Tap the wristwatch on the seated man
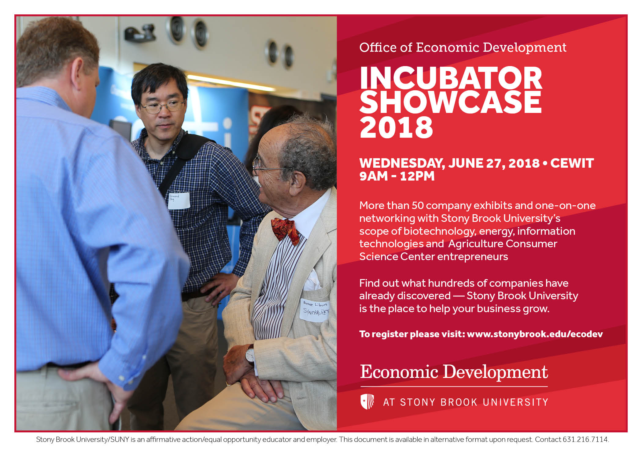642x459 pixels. (250, 355)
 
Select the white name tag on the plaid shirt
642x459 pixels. (179, 200)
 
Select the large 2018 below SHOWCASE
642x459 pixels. (396, 127)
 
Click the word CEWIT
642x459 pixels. (572, 163)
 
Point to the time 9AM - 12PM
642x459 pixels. (397, 176)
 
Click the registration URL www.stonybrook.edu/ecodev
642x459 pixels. (535, 334)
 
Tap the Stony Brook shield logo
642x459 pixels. (367, 401)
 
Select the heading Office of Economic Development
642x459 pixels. (463, 47)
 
